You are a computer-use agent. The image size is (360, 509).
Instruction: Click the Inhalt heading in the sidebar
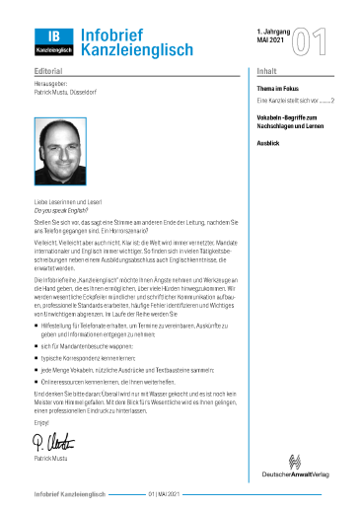point(266,72)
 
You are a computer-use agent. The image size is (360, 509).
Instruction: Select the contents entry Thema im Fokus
point(281,87)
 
